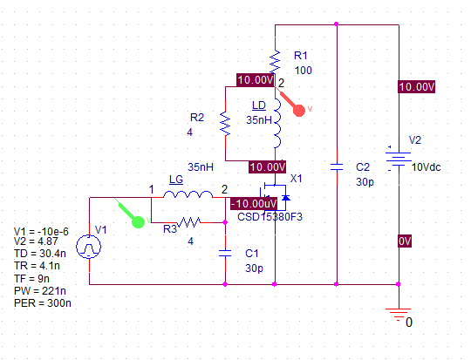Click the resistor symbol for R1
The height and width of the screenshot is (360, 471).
(275, 62)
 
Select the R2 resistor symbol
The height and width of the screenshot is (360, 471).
(225, 124)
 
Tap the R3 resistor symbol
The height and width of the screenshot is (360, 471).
(188, 222)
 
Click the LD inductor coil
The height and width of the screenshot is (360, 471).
(277, 123)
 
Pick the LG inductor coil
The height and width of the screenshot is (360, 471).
(188, 194)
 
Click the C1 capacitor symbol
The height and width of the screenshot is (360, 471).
(225, 253)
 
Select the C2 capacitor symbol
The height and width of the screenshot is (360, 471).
(337, 167)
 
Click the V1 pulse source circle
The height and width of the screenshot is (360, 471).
(89, 247)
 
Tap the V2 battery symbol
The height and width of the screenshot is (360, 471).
(399, 160)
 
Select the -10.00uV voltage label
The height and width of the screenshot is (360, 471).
(254, 204)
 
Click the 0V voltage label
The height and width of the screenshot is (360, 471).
(405, 241)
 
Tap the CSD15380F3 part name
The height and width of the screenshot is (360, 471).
(270, 217)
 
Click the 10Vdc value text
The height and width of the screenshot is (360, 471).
(426, 167)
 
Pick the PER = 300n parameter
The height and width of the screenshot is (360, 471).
(43, 303)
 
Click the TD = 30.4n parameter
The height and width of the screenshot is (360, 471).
(40, 254)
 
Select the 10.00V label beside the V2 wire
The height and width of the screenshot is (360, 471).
(417, 87)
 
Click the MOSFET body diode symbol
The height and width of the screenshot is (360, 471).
(286, 198)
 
